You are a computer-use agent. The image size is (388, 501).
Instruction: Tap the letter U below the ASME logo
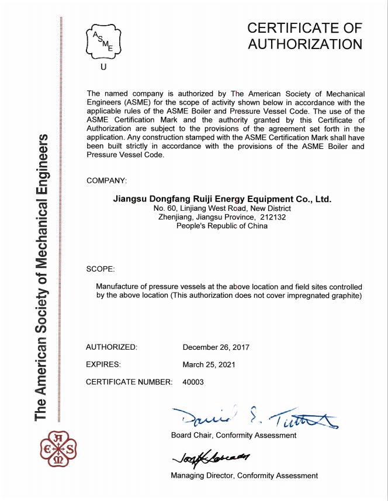[104, 67]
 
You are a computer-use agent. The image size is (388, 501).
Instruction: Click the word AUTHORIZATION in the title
[305, 44]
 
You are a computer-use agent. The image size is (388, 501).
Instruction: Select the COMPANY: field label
[106, 180]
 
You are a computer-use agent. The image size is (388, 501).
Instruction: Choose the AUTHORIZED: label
[112, 347]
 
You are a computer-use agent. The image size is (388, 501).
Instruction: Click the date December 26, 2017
[216, 347]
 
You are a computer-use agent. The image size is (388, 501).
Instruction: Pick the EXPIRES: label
[103, 364]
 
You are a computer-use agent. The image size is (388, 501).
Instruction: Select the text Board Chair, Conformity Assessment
[234, 436]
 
